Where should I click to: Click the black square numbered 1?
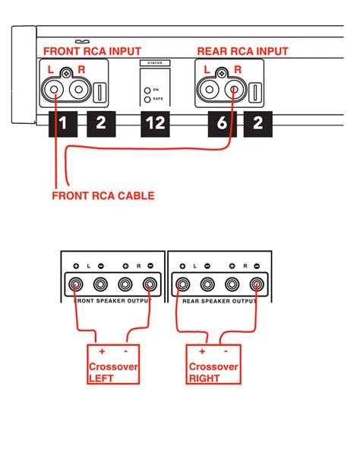coord(63,124)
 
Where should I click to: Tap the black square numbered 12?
coord(156,124)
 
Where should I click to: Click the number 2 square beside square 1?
coord(100,124)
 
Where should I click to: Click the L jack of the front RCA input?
coord(55,91)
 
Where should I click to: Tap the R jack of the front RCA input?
coord(77,91)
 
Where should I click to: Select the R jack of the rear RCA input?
coord(233,91)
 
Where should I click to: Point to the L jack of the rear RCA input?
coord(211,91)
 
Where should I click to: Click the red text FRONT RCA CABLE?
coord(103,196)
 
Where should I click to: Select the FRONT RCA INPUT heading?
coord(92,51)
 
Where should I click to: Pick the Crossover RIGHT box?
coord(213,363)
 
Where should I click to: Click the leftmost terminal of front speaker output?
coord(77,285)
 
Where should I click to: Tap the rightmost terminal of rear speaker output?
coord(257,285)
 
